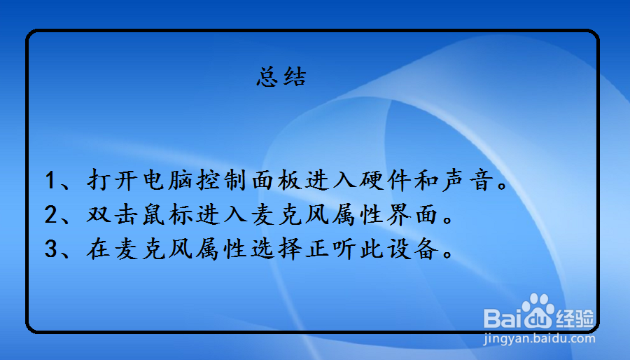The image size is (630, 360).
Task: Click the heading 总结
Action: coord(281,76)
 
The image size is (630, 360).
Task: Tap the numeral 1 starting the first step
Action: coord(50,180)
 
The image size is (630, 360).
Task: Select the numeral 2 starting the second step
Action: coord(50,214)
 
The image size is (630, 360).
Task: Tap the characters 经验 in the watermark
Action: coord(575,319)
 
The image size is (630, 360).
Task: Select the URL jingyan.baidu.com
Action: coord(539,340)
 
